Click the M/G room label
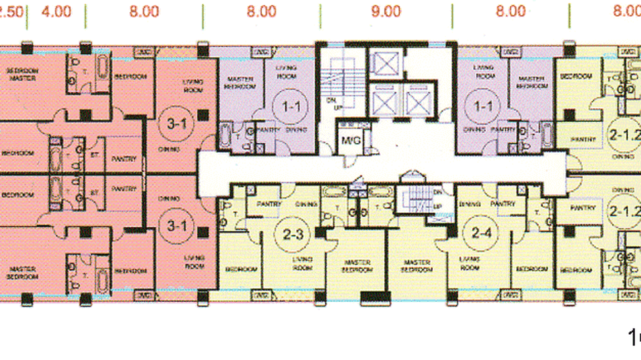pyautogui.click(x=351, y=140)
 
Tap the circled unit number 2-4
pyautogui.click(x=481, y=233)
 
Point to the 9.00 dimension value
pyautogui.click(x=385, y=11)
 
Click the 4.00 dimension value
pyautogui.click(x=56, y=11)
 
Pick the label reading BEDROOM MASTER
pyautogui.click(x=22, y=74)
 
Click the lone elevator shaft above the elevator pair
pyautogui.click(x=385, y=63)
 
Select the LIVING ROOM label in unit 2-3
pyautogui.click(x=302, y=264)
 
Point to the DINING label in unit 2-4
pyautogui.click(x=469, y=204)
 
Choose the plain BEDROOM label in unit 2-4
pyautogui.click(x=531, y=269)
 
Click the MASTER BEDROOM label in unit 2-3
pyautogui.click(x=357, y=266)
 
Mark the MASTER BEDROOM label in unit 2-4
pyautogui.click(x=417, y=266)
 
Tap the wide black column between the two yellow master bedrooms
pyautogui.click(x=375, y=298)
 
